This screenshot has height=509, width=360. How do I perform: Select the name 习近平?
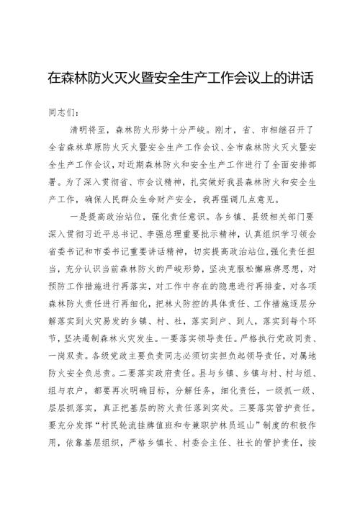coord(112,233)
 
